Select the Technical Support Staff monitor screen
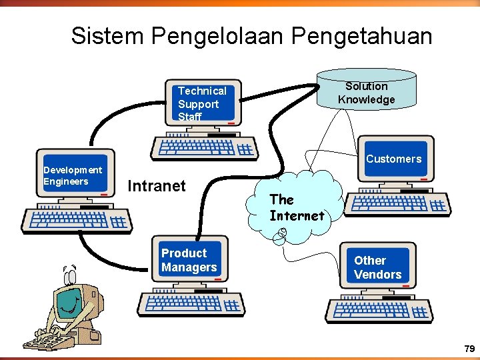click(x=203, y=104)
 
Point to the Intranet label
click(x=156, y=185)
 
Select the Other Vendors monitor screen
click(x=377, y=267)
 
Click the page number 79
click(x=469, y=349)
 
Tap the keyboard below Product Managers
click(x=191, y=304)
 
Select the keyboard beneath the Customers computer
click(x=399, y=203)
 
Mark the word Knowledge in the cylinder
click(x=366, y=100)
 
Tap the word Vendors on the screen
click(x=377, y=275)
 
